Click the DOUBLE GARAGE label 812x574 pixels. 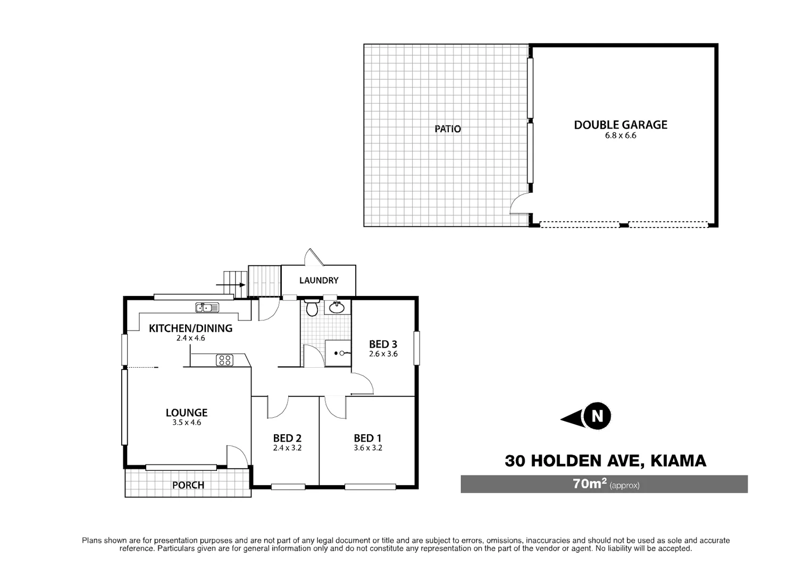coord(620,125)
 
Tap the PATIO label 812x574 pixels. coord(448,129)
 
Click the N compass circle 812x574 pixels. coord(597,416)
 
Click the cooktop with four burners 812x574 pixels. coord(224,360)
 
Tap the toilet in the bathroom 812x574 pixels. coord(312,308)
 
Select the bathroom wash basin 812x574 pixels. coord(336,307)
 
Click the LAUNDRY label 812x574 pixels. coord(319,281)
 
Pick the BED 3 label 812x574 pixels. coord(383,344)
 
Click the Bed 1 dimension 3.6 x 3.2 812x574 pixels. coord(368,448)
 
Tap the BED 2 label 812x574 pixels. coord(287,438)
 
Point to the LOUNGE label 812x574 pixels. coord(187,412)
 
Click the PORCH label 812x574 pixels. coord(188,485)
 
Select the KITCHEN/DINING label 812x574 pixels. coord(190,328)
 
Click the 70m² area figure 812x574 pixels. coord(590,484)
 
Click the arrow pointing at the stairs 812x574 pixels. coord(231,285)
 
